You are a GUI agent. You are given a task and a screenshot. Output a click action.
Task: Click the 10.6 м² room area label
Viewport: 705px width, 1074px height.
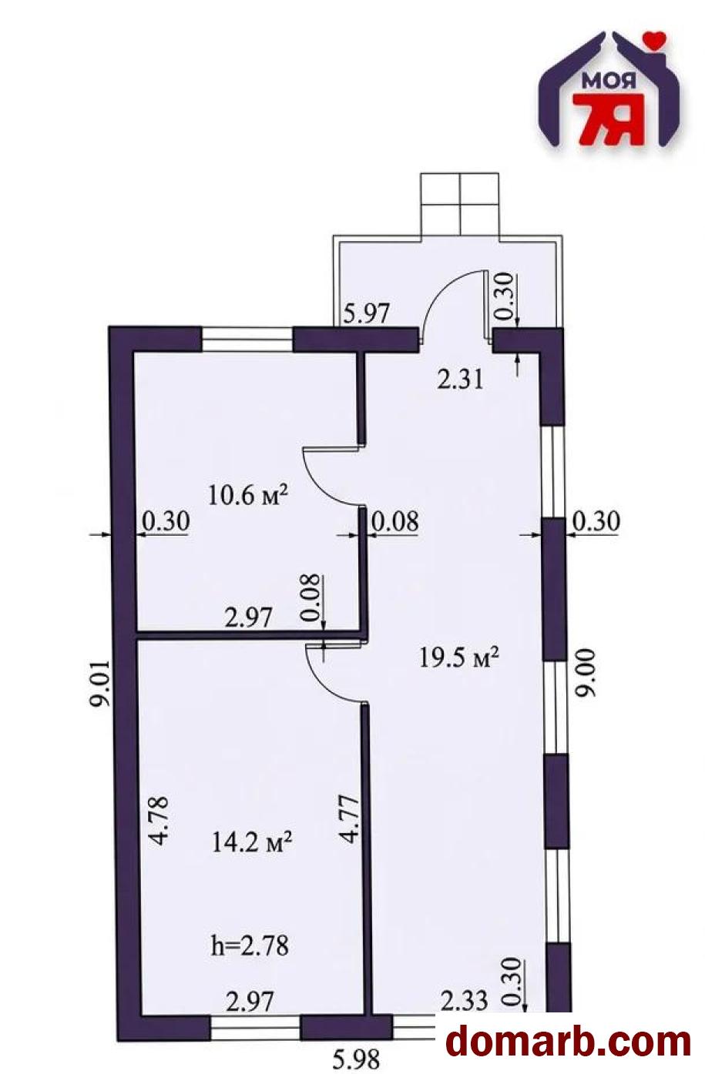click(x=247, y=495)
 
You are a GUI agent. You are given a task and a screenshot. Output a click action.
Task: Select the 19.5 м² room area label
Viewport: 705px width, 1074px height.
click(x=458, y=657)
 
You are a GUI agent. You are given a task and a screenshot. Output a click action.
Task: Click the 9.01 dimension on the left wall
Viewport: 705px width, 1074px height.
click(x=100, y=683)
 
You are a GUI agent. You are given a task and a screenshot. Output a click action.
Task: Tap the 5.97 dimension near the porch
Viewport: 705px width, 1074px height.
click(x=366, y=313)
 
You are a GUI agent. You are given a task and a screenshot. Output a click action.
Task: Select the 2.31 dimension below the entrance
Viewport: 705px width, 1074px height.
click(x=459, y=380)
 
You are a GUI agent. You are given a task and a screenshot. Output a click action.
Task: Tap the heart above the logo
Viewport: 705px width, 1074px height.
click(x=654, y=38)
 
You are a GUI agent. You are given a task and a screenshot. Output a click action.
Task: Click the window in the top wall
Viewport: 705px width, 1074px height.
click(x=247, y=340)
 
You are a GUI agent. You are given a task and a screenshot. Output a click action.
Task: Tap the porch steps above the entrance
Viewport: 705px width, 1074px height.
click(x=460, y=205)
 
